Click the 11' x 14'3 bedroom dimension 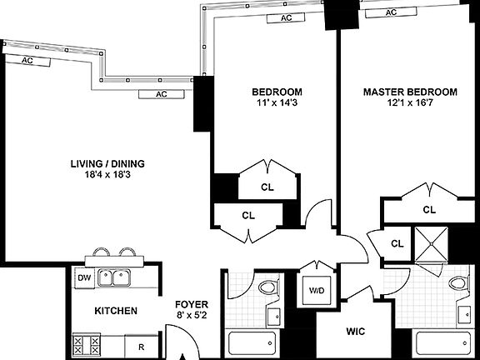click(277, 102)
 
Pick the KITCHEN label click(116, 311)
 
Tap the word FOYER click(191, 304)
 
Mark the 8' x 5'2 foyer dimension click(191, 316)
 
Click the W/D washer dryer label click(317, 291)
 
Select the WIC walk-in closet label click(356, 331)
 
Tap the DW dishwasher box click(83, 277)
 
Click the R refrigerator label click(142, 346)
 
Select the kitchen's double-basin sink click(115, 277)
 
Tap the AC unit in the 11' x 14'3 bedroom click(286, 17)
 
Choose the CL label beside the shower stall click(397, 243)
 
